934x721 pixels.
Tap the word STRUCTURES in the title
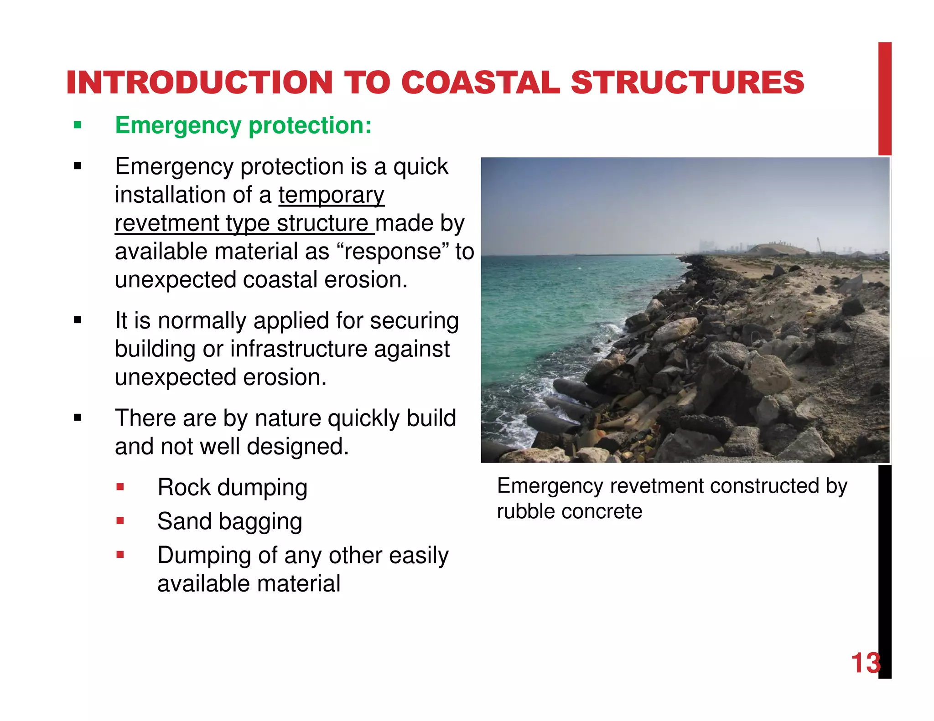687,83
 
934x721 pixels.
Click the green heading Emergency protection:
243,125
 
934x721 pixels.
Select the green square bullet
78,125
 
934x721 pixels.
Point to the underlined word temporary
332,195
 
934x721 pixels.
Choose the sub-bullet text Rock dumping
232,487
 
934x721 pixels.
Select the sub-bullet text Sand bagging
229,521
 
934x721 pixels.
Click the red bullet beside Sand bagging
120,520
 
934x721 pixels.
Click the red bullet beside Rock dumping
120,487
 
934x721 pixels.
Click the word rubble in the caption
525,511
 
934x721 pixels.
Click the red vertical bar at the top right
885,98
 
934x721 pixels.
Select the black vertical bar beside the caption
885,570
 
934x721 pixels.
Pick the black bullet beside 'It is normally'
78,320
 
